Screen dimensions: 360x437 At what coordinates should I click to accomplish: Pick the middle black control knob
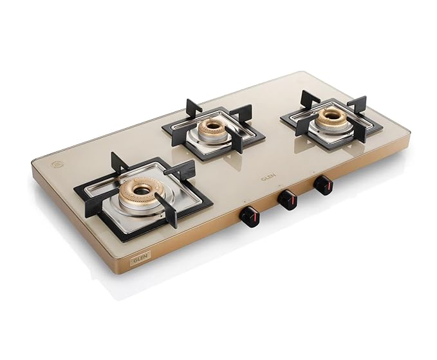pyautogui.click(x=287, y=200)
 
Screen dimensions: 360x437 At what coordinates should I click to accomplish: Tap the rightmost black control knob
pyautogui.click(x=323, y=185)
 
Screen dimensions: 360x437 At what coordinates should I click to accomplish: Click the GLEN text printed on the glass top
pyautogui.click(x=268, y=177)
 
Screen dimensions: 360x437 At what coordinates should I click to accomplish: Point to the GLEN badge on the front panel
pyautogui.click(x=140, y=258)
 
